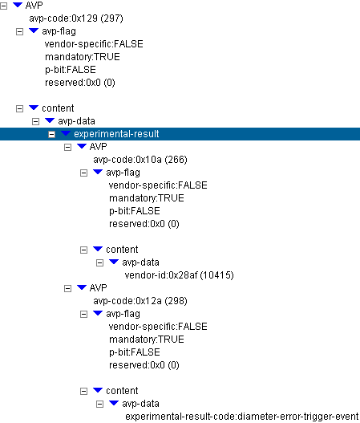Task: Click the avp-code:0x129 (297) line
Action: pos(76,18)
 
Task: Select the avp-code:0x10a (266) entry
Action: pos(140,160)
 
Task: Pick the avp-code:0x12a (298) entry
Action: pos(140,301)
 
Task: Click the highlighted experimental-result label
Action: pos(116,134)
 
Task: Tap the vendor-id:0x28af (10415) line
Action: pos(179,275)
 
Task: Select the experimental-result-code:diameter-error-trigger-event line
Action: pos(241,417)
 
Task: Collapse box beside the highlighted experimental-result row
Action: pos(52,134)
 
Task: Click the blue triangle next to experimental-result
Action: pos(66,133)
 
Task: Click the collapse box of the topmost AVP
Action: pos(3,6)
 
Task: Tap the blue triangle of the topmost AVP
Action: pos(18,5)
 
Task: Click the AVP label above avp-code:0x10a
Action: pos(98,147)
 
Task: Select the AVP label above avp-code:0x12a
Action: pos(98,288)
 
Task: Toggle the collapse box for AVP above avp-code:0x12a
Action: pos(67,288)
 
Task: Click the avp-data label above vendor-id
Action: pos(140,262)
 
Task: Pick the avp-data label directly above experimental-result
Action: pos(76,121)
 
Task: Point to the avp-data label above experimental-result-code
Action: pos(140,404)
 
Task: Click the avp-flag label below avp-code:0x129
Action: pos(59,31)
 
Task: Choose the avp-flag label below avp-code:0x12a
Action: pos(123,314)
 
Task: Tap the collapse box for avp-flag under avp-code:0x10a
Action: pos(84,173)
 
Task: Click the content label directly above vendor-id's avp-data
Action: pos(122,250)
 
